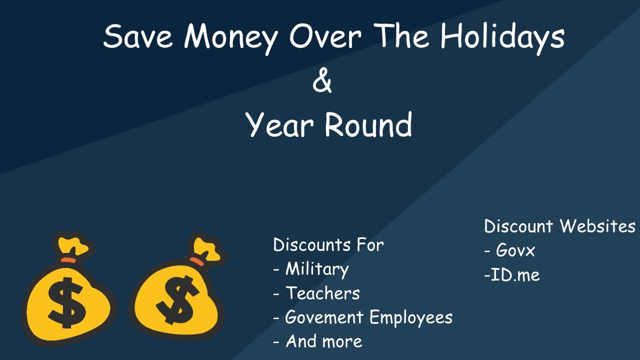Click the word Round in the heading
(368, 124)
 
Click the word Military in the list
(316, 269)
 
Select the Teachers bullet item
(322, 293)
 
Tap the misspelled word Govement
(324, 317)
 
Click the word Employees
(410, 318)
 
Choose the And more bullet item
(323, 341)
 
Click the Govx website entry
(515, 250)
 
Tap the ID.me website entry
(515, 274)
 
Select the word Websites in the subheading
(597, 226)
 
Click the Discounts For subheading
(328, 245)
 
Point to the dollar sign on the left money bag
(66, 302)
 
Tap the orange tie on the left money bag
(68, 260)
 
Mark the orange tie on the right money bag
(197, 260)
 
